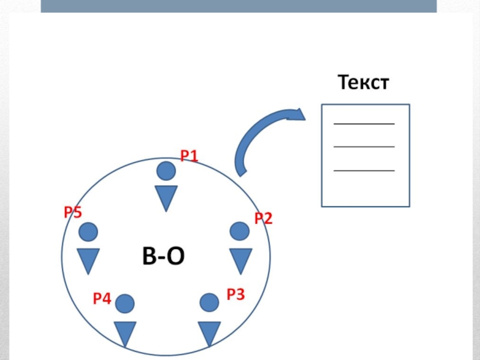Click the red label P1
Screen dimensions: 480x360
pyautogui.click(x=190, y=157)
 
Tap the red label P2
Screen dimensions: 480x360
pyautogui.click(x=263, y=218)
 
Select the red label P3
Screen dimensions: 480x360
pyautogui.click(x=235, y=294)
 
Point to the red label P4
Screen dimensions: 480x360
pyautogui.click(x=102, y=298)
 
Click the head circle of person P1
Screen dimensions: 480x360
pyautogui.click(x=166, y=172)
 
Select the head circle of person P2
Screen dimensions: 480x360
pyautogui.click(x=239, y=232)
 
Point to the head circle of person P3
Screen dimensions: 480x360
pyautogui.click(x=209, y=302)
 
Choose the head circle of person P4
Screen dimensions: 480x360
pyautogui.click(x=125, y=304)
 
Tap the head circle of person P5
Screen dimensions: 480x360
pyautogui.click(x=88, y=232)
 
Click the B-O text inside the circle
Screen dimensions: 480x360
pyautogui.click(x=163, y=257)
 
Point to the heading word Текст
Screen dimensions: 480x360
pyautogui.click(x=364, y=82)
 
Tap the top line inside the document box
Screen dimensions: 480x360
pyautogui.click(x=364, y=124)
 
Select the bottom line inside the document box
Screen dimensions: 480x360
pyautogui.click(x=364, y=170)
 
